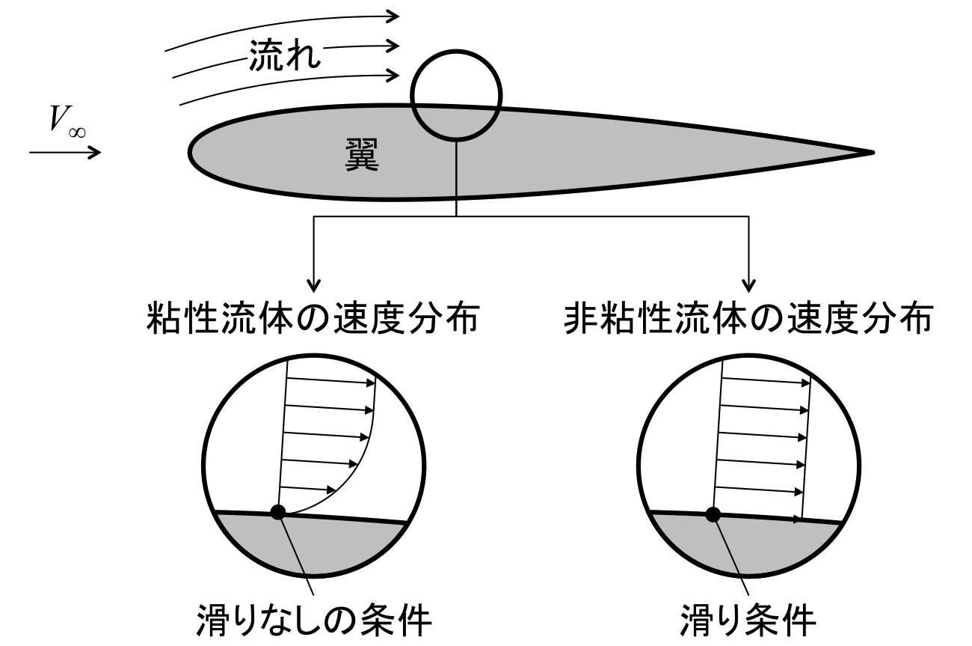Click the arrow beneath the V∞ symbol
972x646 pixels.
point(65,153)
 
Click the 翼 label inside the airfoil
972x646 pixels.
point(362,156)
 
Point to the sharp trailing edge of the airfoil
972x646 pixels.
point(870,153)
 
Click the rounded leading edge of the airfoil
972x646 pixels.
point(192,150)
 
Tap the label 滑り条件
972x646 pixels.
point(747,620)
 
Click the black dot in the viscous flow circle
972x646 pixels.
point(278,513)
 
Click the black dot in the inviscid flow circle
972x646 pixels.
point(713,514)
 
